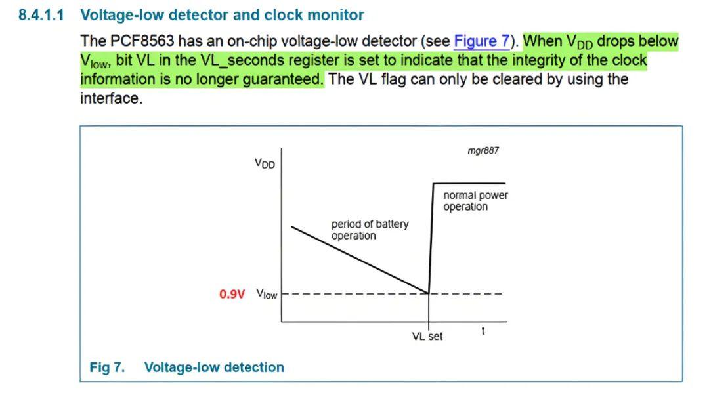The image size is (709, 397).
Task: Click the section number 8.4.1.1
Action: (41, 15)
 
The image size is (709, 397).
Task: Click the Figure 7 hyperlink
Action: (482, 41)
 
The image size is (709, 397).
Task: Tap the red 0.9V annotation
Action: (232, 295)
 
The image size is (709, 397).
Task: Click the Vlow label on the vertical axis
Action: (267, 294)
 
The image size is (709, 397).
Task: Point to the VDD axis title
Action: (265, 163)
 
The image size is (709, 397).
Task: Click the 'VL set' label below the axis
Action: (427, 337)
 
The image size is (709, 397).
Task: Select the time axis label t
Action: (483, 331)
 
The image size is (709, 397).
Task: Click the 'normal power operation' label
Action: (475, 201)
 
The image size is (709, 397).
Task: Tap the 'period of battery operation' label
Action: (370, 230)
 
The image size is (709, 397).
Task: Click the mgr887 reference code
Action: (483, 150)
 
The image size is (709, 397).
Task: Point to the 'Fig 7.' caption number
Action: (107, 367)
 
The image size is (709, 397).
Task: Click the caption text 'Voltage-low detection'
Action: (214, 367)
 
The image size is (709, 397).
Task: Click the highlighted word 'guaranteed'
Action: (283, 79)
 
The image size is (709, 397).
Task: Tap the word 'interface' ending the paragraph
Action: (110, 98)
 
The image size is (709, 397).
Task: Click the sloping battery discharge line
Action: (360, 260)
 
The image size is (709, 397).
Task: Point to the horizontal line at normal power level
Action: (469, 184)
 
